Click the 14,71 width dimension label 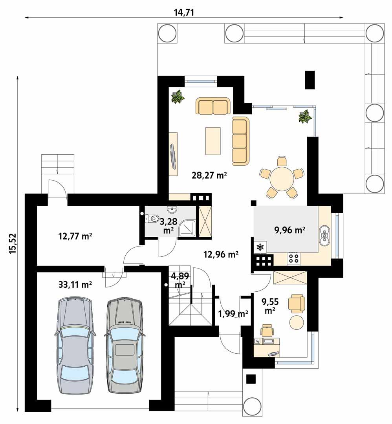point(184,12)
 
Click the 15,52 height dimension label point(13,244)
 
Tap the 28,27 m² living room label point(210,175)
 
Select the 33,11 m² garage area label point(75,285)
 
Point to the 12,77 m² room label point(75,236)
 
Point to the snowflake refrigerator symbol point(260,247)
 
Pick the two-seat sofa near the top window point(212,106)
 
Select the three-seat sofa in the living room point(240,141)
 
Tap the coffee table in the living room point(212,141)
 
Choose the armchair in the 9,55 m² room point(296,304)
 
